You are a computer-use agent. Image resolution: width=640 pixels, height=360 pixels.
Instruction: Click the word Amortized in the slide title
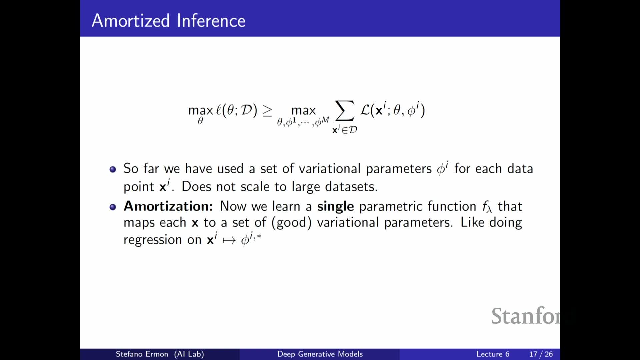[x=131, y=21]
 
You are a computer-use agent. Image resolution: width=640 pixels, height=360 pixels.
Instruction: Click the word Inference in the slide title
[x=211, y=21]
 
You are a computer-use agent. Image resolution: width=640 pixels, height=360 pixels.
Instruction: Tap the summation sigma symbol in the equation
[x=345, y=111]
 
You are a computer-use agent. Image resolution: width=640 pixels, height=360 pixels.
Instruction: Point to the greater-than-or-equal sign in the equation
[x=267, y=111]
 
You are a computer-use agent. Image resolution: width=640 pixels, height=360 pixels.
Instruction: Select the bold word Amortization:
[x=168, y=206]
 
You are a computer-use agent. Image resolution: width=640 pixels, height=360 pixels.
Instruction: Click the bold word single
[x=335, y=207]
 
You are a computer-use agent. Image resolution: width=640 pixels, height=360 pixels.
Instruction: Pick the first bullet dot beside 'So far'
[x=113, y=169]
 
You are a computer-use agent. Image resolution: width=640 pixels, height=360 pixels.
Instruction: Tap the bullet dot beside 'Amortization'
[x=113, y=207]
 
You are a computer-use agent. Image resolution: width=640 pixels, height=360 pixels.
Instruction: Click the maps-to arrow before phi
[x=229, y=240]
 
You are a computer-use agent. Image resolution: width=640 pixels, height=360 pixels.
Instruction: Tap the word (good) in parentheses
[x=291, y=223]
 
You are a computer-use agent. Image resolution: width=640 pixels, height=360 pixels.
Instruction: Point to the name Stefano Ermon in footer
[x=142, y=354]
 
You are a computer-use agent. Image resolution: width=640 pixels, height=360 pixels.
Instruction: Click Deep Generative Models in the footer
[x=320, y=354]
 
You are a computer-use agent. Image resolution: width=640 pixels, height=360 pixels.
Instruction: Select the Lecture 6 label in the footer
[x=493, y=354]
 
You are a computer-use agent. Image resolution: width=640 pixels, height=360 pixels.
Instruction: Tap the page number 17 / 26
[x=541, y=354]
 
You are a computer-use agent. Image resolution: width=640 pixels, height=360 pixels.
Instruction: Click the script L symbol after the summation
[x=365, y=110]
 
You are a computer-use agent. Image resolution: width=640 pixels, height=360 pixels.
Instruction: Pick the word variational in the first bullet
[x=330, y=169]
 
